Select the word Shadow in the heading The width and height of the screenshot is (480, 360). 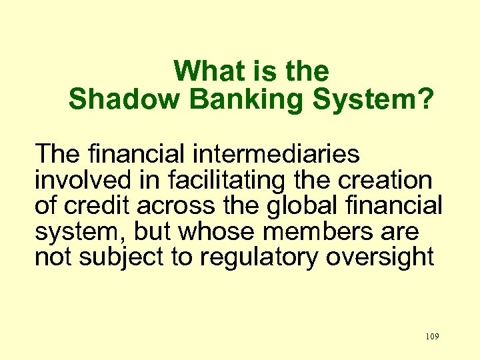(124, 99)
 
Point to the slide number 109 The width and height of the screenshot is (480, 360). (431, 337)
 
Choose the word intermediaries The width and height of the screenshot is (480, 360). (276, 155)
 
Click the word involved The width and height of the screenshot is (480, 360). (80, 180)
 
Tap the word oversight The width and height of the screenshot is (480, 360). (380, 257)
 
